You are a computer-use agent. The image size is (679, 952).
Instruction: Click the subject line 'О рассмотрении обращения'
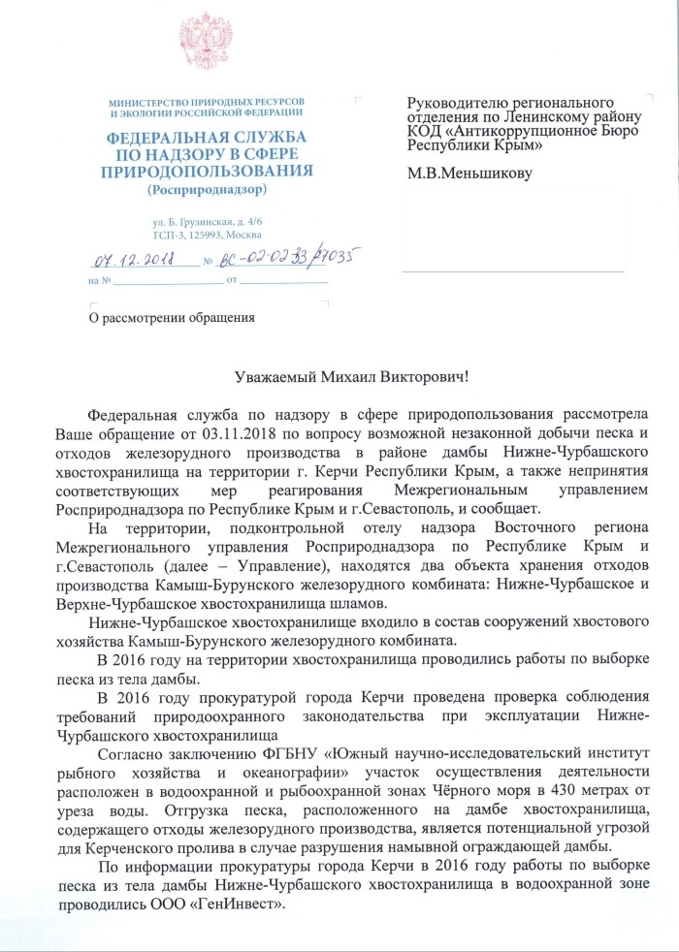[x=172, y=316]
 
